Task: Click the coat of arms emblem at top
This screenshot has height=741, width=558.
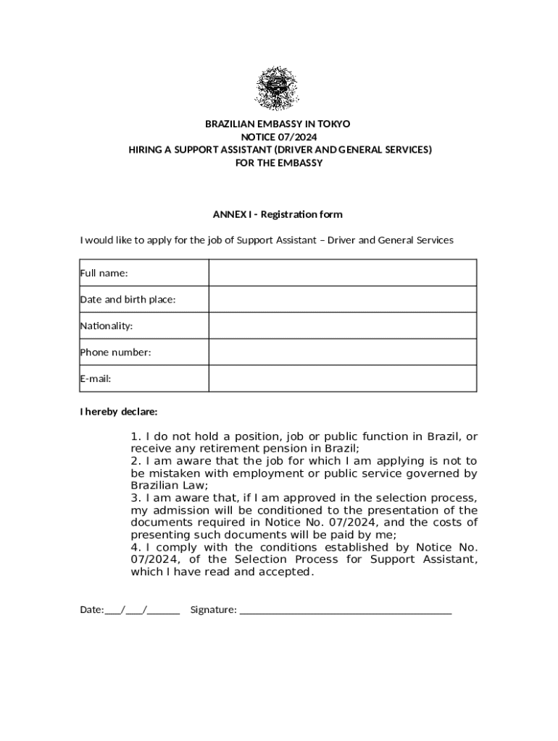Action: tap(276, 88)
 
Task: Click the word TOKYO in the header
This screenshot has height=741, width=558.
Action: tap(333, 124)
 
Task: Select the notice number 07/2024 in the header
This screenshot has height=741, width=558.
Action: tap(300, 137)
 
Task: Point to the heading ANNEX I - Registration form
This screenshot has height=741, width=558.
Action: tap(278, 214)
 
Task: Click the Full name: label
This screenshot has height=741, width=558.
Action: tap(104, 273)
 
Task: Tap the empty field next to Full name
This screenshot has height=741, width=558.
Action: tap(342, 273)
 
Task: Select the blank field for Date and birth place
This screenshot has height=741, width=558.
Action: tap(342, 299)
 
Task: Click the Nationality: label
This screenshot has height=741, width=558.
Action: tap(107, 326)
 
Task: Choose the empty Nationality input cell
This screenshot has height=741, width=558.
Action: tap(342, 326)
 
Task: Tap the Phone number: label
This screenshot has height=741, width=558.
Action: tap(115, 352)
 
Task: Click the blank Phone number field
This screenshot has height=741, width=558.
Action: tap(342, 352)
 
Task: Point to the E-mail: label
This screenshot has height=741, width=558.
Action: tap(96, 378)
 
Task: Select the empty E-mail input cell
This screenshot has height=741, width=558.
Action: tap(342, 378)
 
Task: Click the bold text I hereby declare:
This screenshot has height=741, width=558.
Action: tap(118, 412)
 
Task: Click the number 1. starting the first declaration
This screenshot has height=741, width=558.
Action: tap(136, 436)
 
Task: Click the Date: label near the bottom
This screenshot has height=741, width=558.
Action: tap(91, 610)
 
